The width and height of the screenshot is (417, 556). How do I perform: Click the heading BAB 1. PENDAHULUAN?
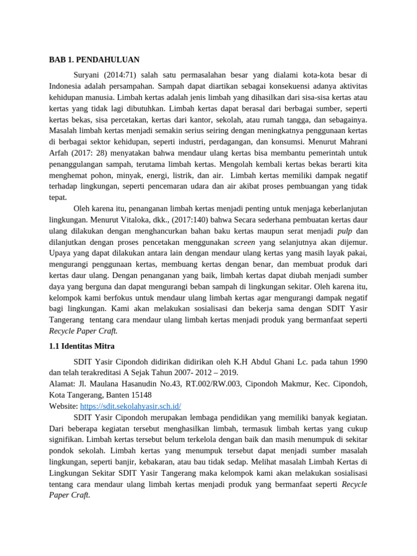click(94, 60)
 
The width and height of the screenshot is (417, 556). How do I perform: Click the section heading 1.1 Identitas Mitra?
click(81, 346)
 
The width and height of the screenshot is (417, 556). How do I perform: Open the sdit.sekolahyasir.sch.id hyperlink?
click(130, 406)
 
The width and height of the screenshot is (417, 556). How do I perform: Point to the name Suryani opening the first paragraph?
click(87, 74)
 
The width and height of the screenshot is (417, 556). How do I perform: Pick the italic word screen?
click(244, 242)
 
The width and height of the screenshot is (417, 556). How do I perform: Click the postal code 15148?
click(141, 395)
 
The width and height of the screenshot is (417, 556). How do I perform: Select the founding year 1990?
click(357, 361)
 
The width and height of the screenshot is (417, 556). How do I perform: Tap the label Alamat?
click(63, 383)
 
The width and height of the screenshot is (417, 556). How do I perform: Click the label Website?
click(64, 406)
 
